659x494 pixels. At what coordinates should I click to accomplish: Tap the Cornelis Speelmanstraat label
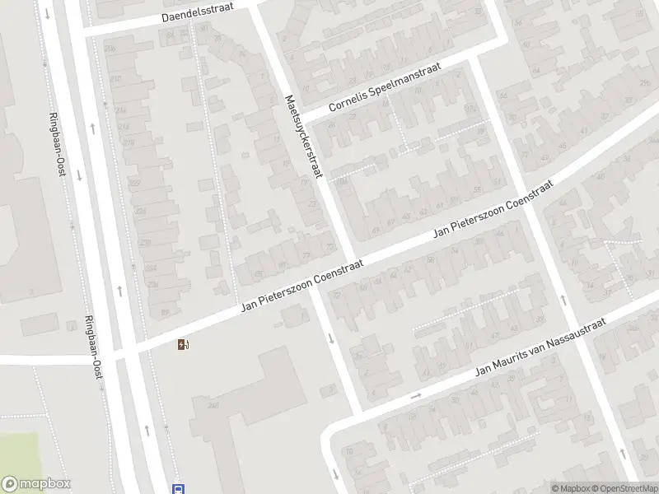click(x=385, y=88)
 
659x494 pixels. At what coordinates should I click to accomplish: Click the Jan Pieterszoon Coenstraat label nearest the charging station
click(x=301, y=288)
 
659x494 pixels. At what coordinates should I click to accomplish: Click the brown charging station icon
click(x=183, y=345)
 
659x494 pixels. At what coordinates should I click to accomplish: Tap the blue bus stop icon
click(x=178, y=488)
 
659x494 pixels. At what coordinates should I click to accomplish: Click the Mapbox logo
click(x=36, y=484)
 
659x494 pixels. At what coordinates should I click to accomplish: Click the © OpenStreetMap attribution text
click(x=624, y=488)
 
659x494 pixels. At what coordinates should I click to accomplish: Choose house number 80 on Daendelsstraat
click(x=203, y=27)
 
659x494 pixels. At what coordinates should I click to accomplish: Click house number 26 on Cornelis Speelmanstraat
click(x=332, y=125)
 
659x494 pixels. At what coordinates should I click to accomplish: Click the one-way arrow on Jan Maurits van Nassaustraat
click(x=416, y=396)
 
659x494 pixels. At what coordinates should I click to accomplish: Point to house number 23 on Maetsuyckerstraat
click(x=311, y=203)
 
